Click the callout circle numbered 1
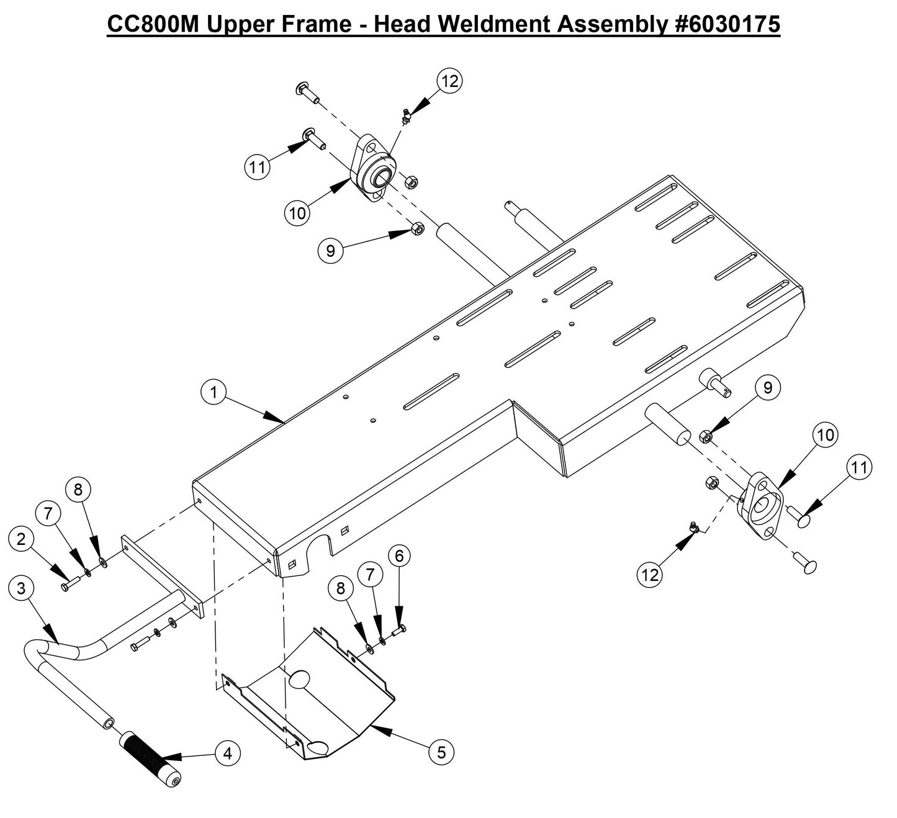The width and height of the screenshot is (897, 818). tap(214, 393)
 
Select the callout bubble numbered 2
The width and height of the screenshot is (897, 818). tap(21, 539)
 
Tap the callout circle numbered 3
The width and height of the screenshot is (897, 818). tap(21, 588)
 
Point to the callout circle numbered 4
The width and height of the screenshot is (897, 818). tap(228, 753)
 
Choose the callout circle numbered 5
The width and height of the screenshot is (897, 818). tap(441, 753)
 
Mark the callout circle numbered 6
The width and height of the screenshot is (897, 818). tap(399, 556)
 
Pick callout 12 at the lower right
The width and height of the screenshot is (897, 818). tap(650, 575)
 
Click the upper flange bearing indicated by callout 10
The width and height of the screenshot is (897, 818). tap(374, 169)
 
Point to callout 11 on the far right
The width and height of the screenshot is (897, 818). tap(859, 467)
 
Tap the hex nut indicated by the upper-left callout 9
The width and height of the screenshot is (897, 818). tap(418, 230)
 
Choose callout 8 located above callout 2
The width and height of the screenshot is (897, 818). tap(78, 490)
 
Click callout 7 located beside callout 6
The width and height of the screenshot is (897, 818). tap(370, 575)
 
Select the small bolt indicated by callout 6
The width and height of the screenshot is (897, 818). tap(400, 631)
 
